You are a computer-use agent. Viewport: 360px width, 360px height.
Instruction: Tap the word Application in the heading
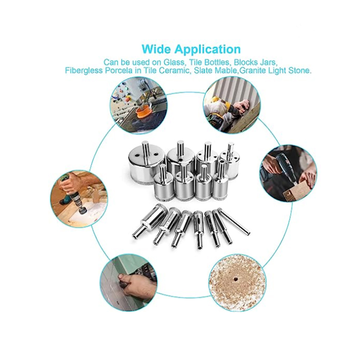pyautogui.click(x=207, y=49)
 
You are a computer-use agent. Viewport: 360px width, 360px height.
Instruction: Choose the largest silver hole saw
pyautogui.click(x=140, y=164)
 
